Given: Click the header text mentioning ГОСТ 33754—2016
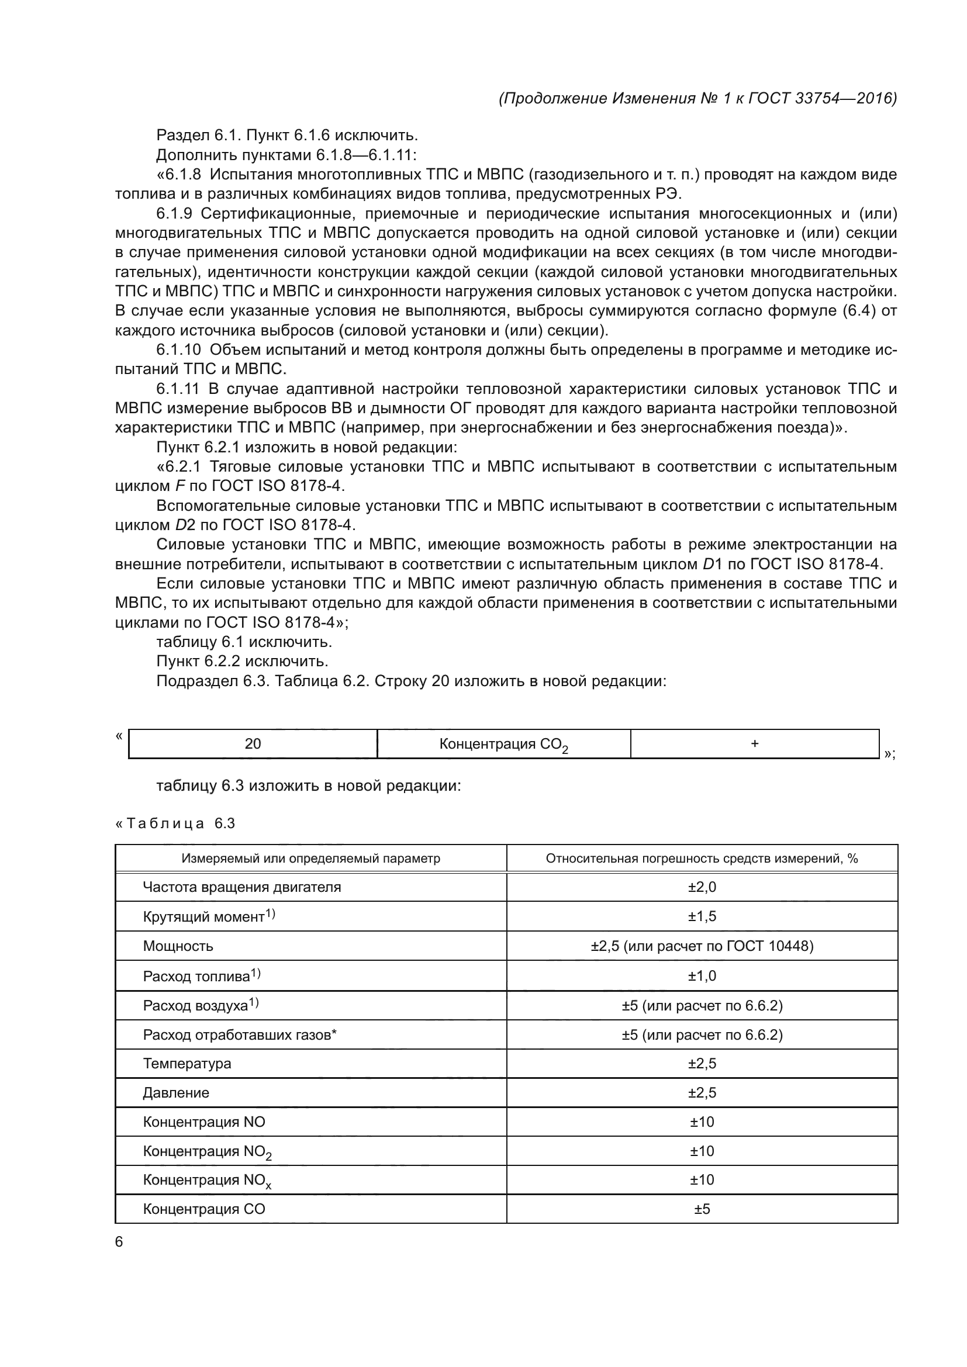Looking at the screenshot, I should tap(697, 98).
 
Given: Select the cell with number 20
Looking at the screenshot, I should tap(253, 743).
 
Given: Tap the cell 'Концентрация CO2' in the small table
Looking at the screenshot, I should tap(503, 745).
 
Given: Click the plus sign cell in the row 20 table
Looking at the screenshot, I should tap(754, 743).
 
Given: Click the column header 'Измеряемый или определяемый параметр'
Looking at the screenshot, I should tap(310, 859).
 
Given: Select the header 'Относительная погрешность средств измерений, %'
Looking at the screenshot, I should tap(702, 859).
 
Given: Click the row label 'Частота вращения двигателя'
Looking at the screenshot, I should tap(242, 887).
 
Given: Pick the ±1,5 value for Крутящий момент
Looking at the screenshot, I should tap(702, 916).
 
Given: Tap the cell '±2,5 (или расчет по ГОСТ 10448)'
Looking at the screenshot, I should tap(702, 946).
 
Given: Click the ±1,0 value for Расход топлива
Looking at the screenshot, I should tap(702, 976).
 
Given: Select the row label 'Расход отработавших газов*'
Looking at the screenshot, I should tap(239, 1035).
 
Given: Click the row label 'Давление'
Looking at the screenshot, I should tap(175, 1092).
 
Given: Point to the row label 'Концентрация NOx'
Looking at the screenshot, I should tap(206, 1180).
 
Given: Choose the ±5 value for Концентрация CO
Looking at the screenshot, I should tap(702, 1209).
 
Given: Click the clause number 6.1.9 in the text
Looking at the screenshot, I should tap(174, 214).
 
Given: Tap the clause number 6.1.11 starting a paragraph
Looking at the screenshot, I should tap(178, 389).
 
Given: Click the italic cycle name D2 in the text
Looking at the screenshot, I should tap(182, 525).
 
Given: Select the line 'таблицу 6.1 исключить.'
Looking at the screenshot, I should tap(244, 642).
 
